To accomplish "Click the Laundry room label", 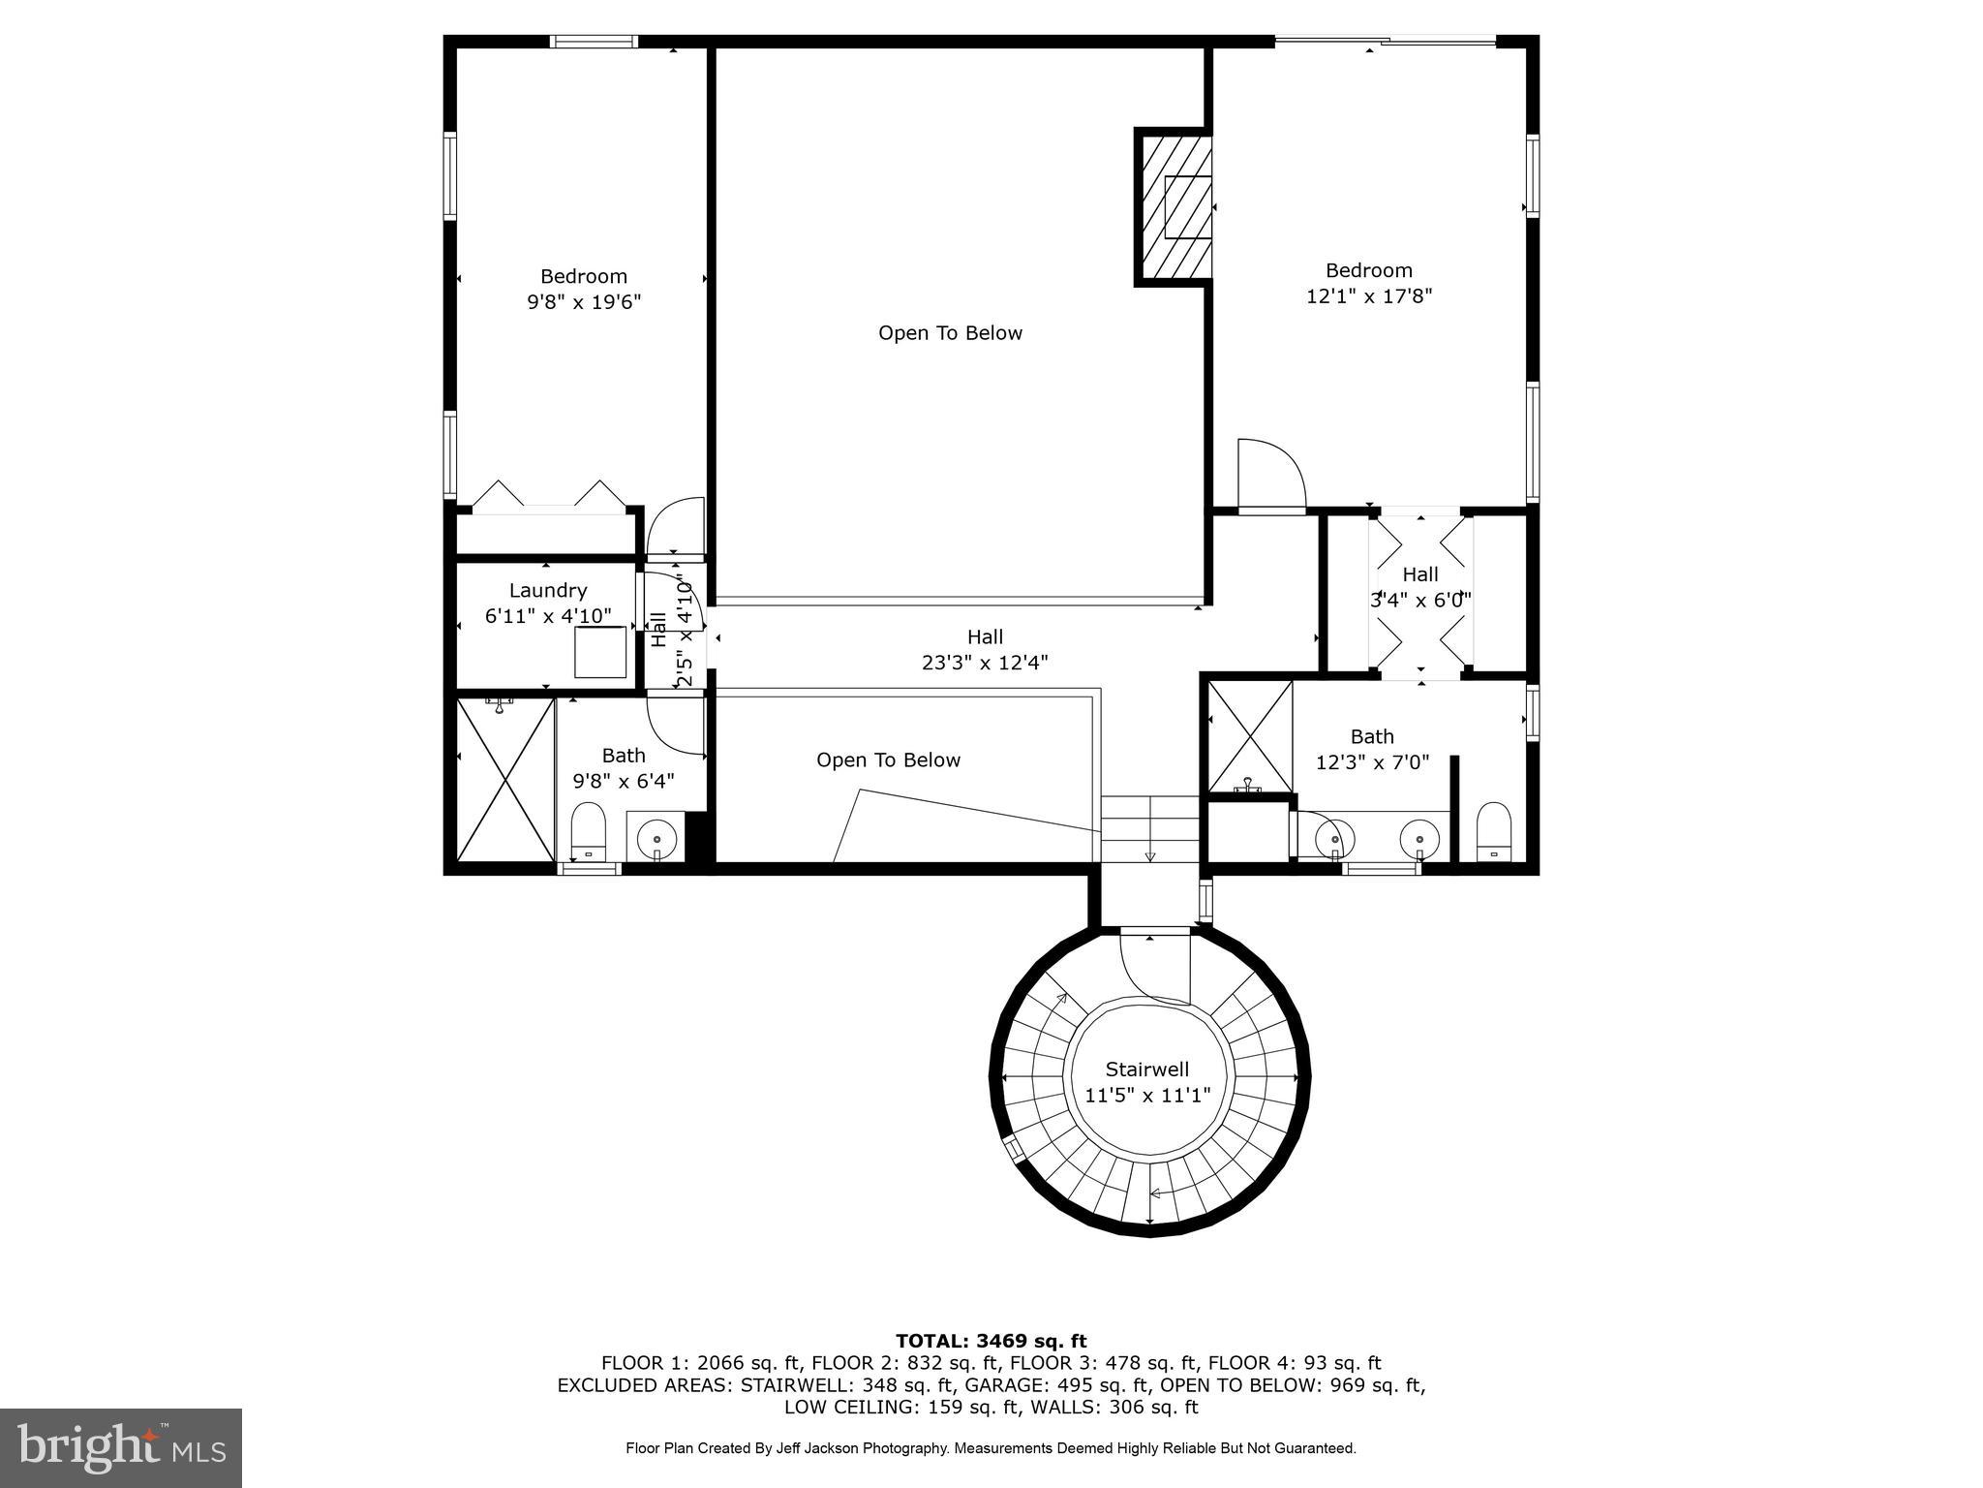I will [548, 591].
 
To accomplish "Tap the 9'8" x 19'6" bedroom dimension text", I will [584, 302].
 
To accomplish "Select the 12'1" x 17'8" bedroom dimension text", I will [1368, 296].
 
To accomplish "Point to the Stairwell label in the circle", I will [1147, 1069].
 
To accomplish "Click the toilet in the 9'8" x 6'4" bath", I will [588, 830].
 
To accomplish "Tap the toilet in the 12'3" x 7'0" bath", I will [1494, 830].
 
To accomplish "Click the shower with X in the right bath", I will [1250, 735].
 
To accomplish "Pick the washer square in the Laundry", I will [600, 652].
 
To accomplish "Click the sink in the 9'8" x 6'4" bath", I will [656, 835].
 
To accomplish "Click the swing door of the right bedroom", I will [1270, 476].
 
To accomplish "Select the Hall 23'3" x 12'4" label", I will [985, 649].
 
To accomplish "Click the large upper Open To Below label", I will [950, 333].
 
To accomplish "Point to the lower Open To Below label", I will [888, 760].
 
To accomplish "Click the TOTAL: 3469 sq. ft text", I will [991, 1342].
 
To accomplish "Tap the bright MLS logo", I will [121, 1447].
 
